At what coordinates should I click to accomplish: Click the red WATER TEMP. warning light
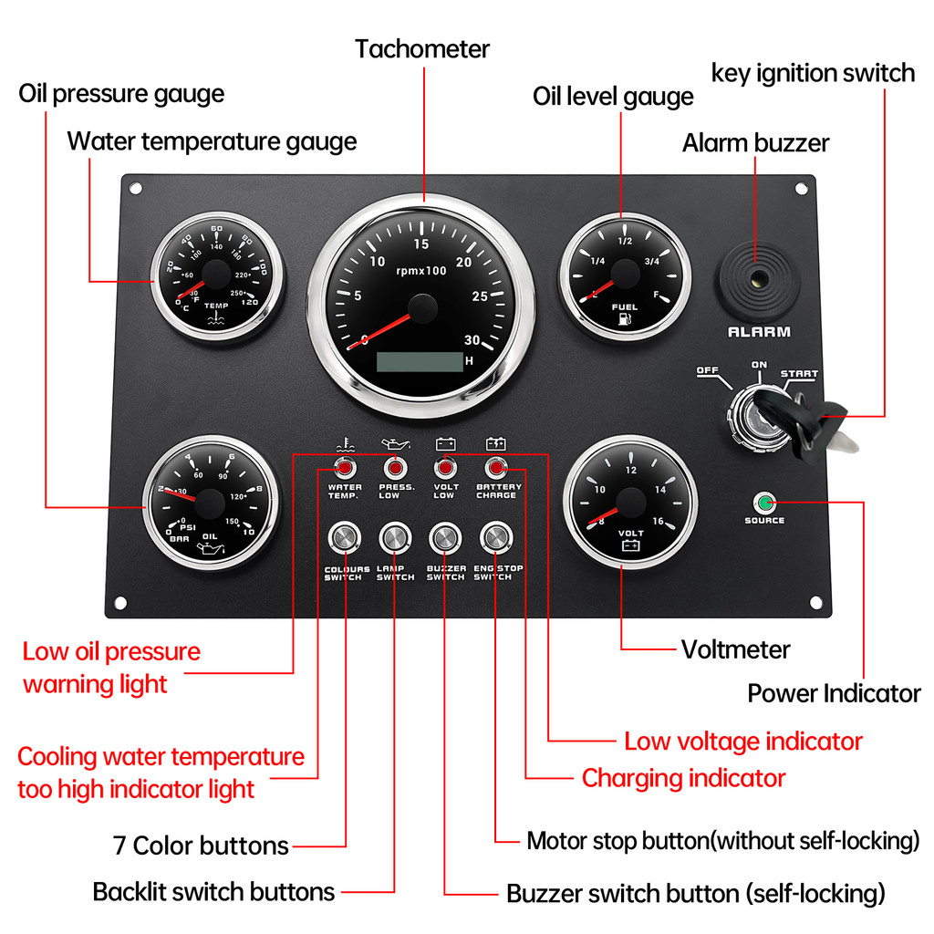[x=345, y=469]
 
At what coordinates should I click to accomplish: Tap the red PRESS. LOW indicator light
[x=395, y=469]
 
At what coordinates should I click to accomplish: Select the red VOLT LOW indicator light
[x=445, y=469]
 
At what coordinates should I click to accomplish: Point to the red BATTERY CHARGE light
[x=496, y=469]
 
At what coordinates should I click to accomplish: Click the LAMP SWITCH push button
[x=395, y=538]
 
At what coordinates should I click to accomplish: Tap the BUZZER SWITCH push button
[x=445, y=538]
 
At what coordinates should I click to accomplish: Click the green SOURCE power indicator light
[x=763, y=503]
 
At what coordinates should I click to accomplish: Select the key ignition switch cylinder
[x=758, y=417]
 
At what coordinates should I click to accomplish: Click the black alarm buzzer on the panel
[x=758, y=275]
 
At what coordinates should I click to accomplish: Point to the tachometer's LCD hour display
[x=420, y=361]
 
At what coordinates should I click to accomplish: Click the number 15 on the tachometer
[x=421, y=244]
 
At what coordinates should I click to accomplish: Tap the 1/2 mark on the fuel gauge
[x=626, y=242]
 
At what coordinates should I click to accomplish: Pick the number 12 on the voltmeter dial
[x=630, y=471]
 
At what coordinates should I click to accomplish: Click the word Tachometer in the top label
[x=422, y=49]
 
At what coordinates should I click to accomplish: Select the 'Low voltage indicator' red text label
[x=742, y=742]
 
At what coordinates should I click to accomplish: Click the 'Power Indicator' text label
[x=834, y=693]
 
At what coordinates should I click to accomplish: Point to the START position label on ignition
[x=799, y=374]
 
